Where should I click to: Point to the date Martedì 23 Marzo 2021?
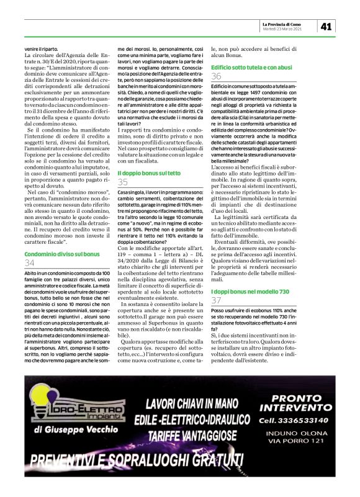click(x=285, y=29)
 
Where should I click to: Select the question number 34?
click(x=30, y=264)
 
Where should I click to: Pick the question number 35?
click(x=123, y=182)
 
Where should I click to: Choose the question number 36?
click(x=217, y=76)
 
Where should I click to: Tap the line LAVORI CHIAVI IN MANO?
click(x=192, y=406)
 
